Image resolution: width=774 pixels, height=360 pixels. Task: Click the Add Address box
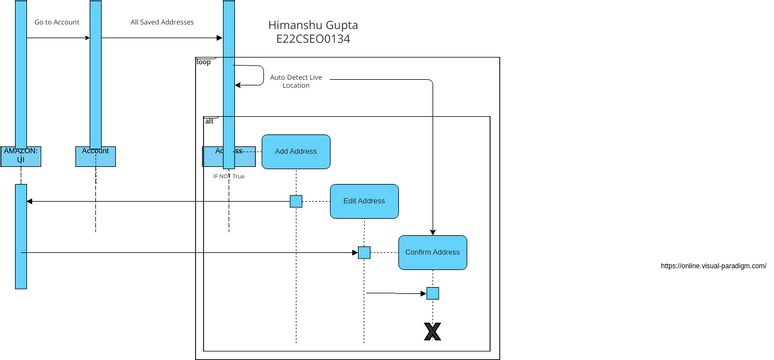click(296, 151)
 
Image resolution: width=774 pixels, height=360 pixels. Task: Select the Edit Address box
click(364, 201)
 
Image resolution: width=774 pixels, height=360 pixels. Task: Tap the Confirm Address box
click(432, 252)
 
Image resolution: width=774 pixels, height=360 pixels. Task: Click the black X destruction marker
click(432, 331)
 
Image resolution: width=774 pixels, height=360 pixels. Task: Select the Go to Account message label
click(57, 21)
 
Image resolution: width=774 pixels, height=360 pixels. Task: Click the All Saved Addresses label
click(162, 21)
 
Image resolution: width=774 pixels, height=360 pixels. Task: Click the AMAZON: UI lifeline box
click(21, 155)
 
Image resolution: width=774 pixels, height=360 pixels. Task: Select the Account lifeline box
click(95, 155)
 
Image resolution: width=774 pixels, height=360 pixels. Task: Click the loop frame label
click(203, 63)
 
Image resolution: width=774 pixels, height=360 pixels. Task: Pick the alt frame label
click(208, 120)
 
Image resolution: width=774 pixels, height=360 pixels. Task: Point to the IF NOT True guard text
click(229, 176)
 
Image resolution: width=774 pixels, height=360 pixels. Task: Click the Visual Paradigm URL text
click(714, 266)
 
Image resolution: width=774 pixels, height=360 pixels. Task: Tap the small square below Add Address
click(296, 201)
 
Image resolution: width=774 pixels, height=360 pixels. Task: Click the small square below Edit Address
click(364, 252)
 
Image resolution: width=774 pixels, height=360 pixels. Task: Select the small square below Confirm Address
click(432, 293)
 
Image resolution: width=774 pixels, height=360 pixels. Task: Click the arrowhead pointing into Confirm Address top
click(432, 231)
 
